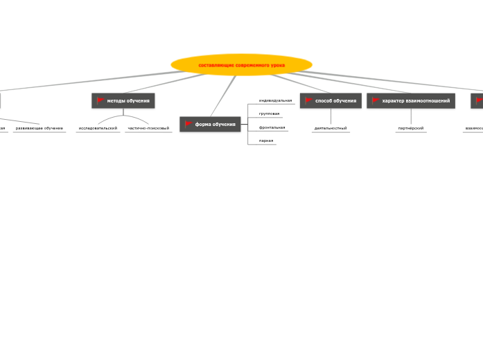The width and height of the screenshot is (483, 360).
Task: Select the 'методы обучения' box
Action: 123,101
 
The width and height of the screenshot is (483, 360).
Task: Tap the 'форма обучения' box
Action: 210,124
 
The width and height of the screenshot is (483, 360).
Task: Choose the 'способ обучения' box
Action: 331,101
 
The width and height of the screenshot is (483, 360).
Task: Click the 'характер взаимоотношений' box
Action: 411,101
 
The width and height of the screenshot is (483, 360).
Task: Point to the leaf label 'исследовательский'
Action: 98,128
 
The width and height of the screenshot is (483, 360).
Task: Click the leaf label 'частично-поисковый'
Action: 148,128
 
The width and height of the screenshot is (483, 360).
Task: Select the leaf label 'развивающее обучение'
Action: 39,128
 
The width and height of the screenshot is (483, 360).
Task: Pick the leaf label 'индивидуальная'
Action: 275,100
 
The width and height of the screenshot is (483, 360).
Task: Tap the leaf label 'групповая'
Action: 269,114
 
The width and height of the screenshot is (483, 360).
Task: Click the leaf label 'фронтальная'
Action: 272,127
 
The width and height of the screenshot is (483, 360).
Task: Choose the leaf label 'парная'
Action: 266,141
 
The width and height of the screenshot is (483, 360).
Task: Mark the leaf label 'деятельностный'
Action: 331,128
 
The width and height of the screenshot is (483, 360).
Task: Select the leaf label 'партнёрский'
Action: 411,128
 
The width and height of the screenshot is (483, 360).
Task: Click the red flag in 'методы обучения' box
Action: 100,101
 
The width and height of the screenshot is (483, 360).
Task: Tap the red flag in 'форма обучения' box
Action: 188,124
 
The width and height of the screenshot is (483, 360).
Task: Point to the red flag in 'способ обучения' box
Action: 309,101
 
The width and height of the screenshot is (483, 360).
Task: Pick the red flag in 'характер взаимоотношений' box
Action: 376,101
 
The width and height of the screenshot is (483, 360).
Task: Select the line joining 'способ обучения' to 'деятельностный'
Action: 331,116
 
